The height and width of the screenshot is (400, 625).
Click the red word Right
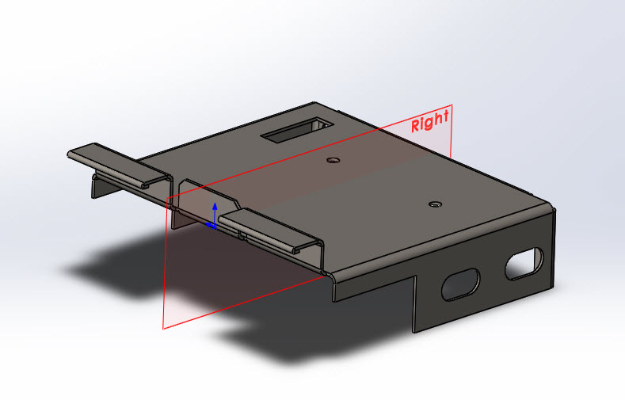coord(430,121)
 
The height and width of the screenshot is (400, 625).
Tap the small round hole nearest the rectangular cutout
coord(333,160)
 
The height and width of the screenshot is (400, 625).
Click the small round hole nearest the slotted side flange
coord(433,204)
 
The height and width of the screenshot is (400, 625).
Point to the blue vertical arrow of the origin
coord(213,211)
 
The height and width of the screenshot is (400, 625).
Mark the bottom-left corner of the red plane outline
coord(163,327)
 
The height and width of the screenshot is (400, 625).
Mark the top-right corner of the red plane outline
coord(452,105)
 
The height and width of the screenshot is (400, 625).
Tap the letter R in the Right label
coord(416,126)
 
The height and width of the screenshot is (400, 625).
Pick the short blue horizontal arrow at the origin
coord(211,226)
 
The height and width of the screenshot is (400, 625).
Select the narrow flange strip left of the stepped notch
coord(372,287)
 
